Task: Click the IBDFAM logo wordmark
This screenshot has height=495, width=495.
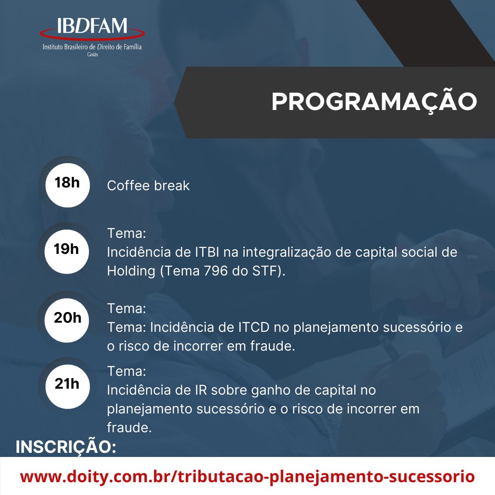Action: pos(92,26)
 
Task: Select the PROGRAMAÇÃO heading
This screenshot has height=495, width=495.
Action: pos(374,102)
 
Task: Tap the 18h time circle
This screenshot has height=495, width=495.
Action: pos(67,185)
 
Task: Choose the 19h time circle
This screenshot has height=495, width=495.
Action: pos(66,252)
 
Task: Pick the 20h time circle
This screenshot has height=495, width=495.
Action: pos(67,320)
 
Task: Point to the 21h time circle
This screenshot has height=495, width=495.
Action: pos(67,386)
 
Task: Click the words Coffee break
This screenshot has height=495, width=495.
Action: pos(148,186)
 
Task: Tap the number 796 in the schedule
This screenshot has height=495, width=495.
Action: pos(215,271)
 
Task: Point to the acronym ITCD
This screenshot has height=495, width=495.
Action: pos(254,327)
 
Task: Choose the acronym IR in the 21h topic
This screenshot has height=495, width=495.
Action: pos(201,390)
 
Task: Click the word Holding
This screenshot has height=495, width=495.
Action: pos(131,271)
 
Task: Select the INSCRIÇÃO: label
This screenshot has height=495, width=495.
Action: pos(66,446)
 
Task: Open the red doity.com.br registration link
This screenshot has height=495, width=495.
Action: pos(247,476)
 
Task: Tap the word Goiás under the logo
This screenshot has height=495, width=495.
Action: pos(93,55)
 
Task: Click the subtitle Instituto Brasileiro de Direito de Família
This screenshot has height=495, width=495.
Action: pos(92,47)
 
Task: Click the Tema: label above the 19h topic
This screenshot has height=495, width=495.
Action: pos(126,234)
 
